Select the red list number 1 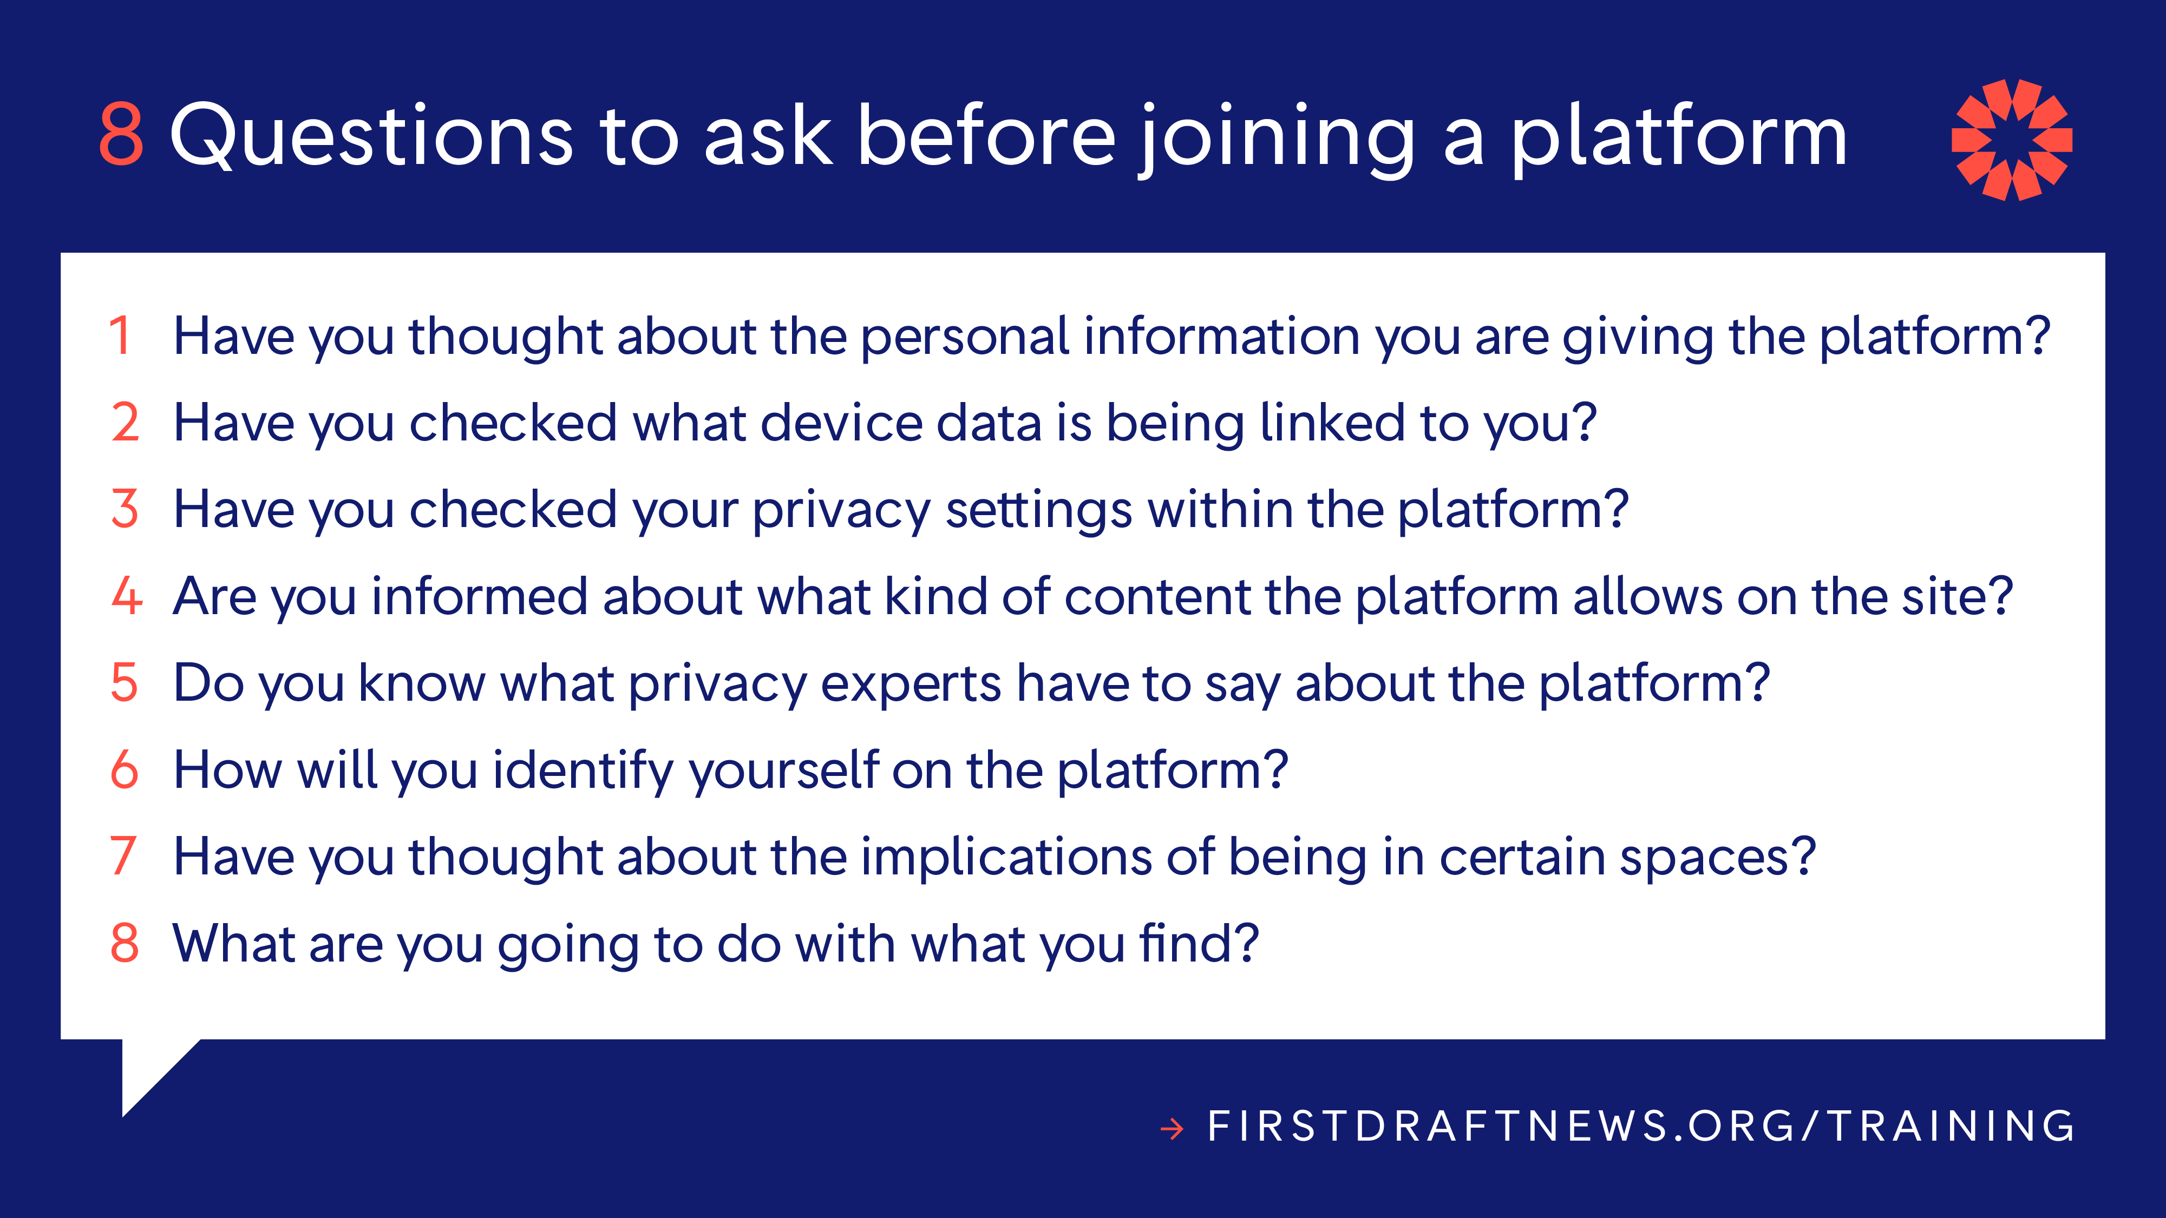[120, 335]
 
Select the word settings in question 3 [1038, 510]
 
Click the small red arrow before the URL [1172, 1128]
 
